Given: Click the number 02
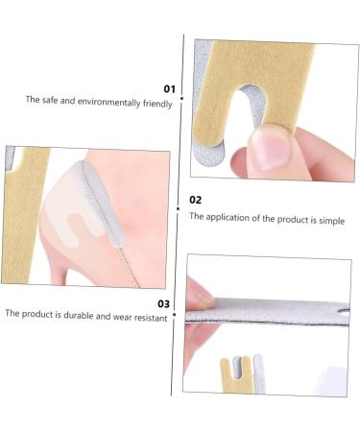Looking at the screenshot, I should pos(196,200).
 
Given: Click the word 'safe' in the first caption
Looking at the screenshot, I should pos(47,100).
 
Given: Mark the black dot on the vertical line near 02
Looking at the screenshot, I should pos(180,205).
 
